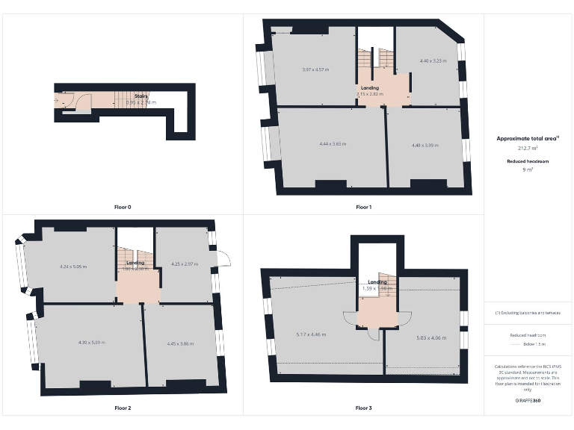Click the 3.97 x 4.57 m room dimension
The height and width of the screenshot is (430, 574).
click(315, 69)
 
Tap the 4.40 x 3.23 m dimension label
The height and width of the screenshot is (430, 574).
click(433, 60)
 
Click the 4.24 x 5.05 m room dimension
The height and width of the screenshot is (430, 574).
click(73, 266)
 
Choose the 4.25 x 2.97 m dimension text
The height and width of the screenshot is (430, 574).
click(184, 264)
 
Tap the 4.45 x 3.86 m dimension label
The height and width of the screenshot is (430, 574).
click(180, 343)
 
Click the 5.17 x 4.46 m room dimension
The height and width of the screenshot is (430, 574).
click(311, 334)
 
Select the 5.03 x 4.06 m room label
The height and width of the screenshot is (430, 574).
click(431, 337)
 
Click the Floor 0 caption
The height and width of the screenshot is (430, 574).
click(123, 207)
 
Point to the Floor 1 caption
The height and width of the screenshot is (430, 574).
click(363, 207)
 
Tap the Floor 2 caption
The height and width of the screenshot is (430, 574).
click(123, 408)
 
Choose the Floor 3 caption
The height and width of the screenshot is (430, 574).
click(363, 408)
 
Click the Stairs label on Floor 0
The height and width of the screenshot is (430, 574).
click(141, 96)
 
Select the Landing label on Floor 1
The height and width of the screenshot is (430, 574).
click(370, 88)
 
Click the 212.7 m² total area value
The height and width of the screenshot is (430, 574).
click(528, 149)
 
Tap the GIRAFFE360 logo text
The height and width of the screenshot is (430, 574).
click(528, 401)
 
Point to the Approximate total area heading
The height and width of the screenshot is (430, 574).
click(528, 138)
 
